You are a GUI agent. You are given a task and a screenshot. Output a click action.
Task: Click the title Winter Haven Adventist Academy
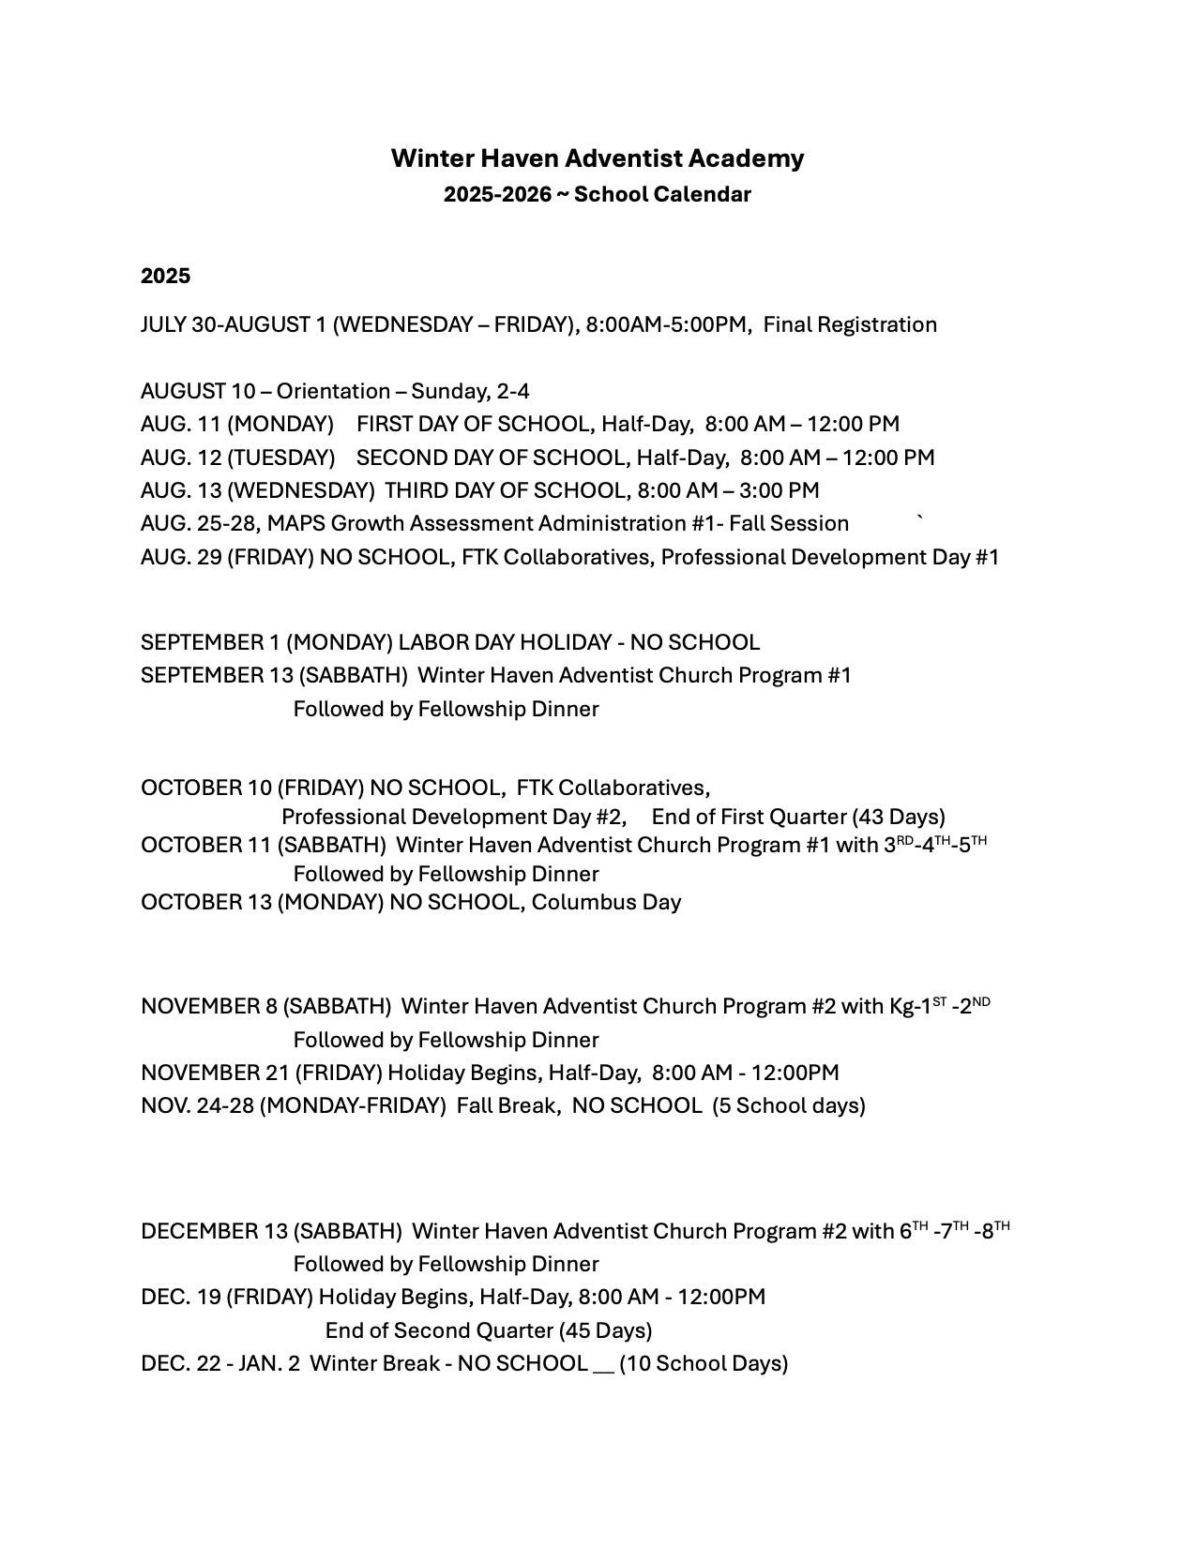click(598, 158)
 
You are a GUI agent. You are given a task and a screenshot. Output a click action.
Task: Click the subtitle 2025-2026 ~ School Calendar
click(598, 195)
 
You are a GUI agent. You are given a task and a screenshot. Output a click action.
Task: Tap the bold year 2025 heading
click(165, 276)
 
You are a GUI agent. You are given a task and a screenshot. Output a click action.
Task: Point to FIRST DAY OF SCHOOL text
click(474, 424)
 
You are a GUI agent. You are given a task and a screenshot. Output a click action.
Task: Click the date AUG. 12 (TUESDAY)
click(237, 458)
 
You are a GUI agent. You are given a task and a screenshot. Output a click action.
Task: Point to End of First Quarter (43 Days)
click(798, 817)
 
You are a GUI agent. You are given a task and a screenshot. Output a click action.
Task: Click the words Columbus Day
click(606, 902)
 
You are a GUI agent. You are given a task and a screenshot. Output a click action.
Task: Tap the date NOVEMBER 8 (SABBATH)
click(265, 1006)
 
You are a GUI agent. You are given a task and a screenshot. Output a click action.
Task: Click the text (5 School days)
click(788, 1105)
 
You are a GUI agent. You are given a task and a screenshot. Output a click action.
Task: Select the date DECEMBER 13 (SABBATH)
click(271, 1231)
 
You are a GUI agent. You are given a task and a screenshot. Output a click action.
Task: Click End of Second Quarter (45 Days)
click(489, 1330)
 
